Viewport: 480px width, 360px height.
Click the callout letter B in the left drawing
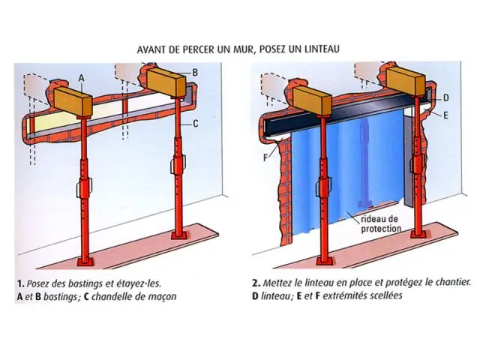(x=194, y=72)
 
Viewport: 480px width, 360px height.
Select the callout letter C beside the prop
(x=194, y=124)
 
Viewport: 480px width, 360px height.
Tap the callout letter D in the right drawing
(x=445, y=97)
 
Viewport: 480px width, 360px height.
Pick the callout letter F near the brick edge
(x=268, y=158)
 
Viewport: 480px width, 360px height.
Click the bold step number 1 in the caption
(x=18, y=283)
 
